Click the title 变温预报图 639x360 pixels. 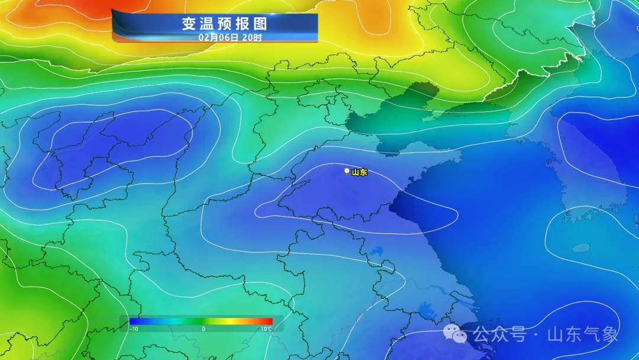click(x=224, y=24)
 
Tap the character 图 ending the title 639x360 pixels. click(x=260, y=24)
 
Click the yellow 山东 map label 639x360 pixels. click(x=360, y=172)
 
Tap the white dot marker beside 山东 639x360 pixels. click(x=347, y=171)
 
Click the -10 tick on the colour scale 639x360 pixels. click(x=134, y=329)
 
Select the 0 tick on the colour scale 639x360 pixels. click(x=203, y=329)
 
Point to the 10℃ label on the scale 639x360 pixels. click(x=266, y=329)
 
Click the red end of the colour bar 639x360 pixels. click(x=269, y=322)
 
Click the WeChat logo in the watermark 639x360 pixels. click(x=455, y=335)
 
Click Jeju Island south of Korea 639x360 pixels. click(x=582, y=247)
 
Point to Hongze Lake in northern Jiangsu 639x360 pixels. click(x=376, y=252)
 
